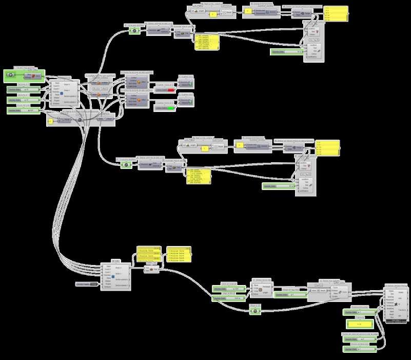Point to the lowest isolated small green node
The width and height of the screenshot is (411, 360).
point(255,310)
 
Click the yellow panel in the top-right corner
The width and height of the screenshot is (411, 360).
point(336,14)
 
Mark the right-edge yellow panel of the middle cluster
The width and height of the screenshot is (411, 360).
point(327,147)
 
